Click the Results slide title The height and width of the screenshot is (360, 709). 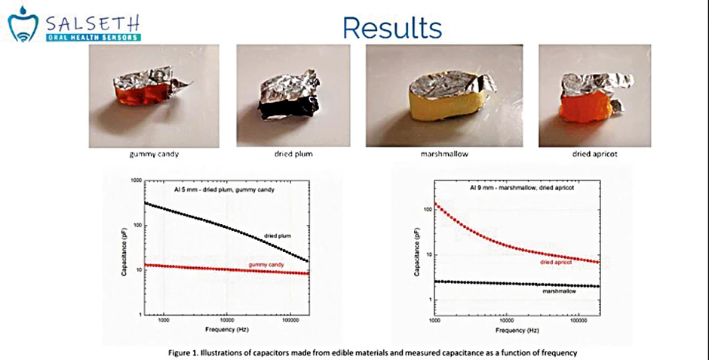[391, 27]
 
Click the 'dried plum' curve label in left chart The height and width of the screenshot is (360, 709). [278, 236]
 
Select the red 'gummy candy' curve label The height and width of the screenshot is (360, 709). [265, 265]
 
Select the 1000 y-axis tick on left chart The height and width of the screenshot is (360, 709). [135, 181]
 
